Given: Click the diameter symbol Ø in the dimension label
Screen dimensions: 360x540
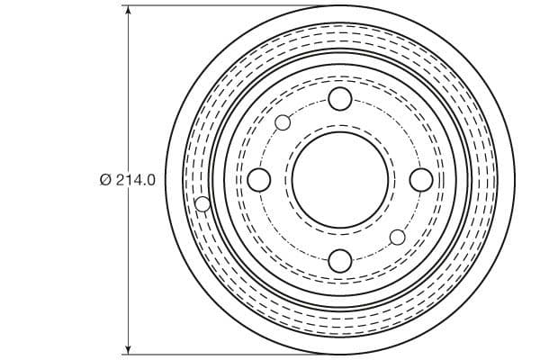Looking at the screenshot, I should [105, 180].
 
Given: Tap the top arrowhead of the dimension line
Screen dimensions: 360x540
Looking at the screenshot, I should [129, 12].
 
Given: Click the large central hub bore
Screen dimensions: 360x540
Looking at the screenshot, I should [339, 180].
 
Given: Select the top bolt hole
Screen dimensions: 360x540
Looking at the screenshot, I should [339, 99].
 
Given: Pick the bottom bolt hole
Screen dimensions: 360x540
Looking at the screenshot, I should [339, 261].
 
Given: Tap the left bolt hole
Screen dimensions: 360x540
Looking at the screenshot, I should [258, 180].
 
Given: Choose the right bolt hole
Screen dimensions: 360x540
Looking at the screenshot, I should [420, 180].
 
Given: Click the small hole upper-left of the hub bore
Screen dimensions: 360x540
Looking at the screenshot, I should [283, 122].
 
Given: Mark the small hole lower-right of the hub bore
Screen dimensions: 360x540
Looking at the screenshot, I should [397, 238].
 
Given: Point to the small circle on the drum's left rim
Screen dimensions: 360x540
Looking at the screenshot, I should [203, 204].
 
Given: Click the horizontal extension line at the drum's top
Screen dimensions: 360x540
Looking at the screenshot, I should [225, 6].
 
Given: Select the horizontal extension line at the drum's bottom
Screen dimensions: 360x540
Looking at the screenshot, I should [225, 354].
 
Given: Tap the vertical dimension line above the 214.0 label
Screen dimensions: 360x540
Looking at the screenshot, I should [129, 90].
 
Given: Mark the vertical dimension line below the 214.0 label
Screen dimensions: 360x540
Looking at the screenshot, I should [129, 270].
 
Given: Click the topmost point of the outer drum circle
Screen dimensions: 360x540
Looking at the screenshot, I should [339, 6].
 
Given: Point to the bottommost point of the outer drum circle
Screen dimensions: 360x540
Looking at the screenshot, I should [339, 354].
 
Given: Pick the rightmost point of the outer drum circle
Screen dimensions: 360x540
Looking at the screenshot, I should [513, 180].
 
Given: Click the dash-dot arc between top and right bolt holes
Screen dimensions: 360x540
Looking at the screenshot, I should [397, 122].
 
